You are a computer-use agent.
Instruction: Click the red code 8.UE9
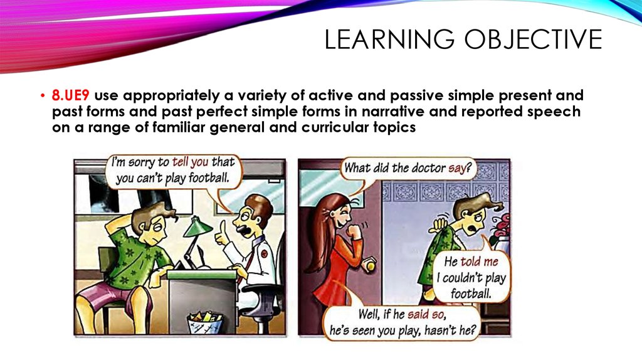(x=70, y=95)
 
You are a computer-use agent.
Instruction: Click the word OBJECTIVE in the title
(x=533, y=40)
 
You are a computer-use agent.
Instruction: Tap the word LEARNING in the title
(x=389, y=40)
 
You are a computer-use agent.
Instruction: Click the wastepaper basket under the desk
(x=205, y=323)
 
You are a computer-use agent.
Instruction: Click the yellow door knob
(x=371, y=266)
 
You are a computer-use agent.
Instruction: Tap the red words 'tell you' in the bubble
(x=191, y=162)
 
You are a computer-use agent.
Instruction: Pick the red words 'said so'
(x=426, y=315)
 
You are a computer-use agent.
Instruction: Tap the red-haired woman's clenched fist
(x=352, y=233)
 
